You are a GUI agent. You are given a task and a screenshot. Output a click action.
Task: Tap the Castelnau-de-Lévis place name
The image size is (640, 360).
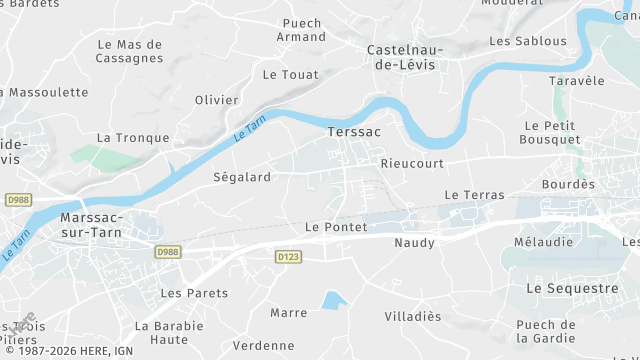(x=407, y=57)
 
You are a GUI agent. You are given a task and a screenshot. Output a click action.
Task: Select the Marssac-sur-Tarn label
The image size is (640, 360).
(x=91, y=225)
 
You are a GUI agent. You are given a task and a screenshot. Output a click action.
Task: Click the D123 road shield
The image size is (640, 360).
(x=288, y=257)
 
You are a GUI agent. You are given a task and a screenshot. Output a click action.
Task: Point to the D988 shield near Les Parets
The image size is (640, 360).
(x=167, y=253)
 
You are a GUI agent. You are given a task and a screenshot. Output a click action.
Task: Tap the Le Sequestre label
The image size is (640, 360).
(x=571, y=288)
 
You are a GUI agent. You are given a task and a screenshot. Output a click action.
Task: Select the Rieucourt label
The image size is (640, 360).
(x=412, y=162)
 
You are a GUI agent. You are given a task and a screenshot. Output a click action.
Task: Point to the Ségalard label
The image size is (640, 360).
(x=242, y=177)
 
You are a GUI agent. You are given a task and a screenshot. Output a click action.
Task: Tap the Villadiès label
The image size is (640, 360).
(x=413, y=316)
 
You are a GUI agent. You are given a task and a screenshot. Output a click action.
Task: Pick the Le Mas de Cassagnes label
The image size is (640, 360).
(x=130, y=51)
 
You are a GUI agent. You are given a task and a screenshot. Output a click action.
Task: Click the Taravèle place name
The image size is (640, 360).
(x=577, y=81)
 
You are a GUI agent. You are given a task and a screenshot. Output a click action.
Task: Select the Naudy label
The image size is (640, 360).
(x=414, y=243)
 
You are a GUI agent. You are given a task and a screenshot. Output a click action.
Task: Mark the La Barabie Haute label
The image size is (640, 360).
(x=169, y=333)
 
